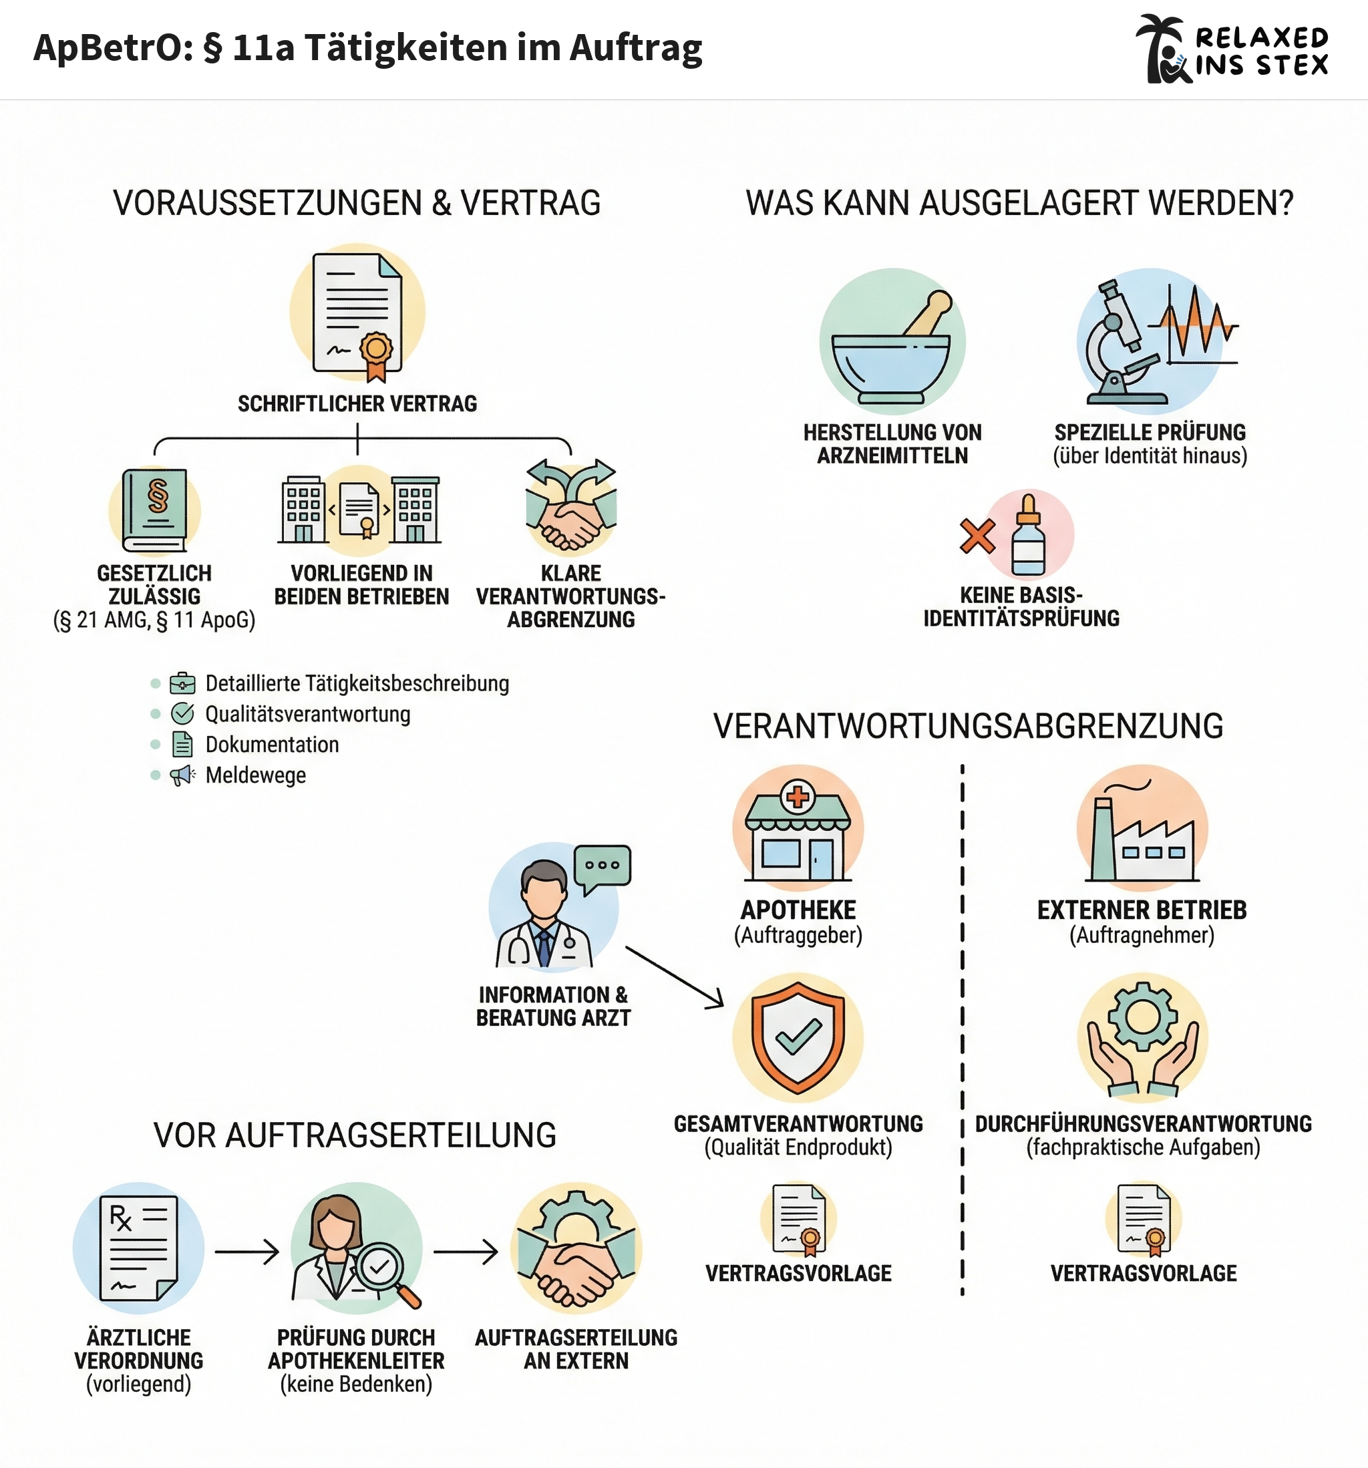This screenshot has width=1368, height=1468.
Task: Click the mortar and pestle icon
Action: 892,347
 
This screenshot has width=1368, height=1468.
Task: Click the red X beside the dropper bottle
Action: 977,536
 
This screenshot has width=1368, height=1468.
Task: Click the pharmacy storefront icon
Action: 798,831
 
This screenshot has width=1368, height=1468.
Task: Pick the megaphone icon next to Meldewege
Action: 182,775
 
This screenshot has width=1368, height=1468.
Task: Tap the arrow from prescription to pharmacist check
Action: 246,1252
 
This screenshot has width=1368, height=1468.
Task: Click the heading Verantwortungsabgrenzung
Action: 968,727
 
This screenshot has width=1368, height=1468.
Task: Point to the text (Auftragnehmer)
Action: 1142,936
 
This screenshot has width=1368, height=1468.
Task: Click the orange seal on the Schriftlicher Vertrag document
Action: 376,348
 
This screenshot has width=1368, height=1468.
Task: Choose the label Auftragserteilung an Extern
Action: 576,1349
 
